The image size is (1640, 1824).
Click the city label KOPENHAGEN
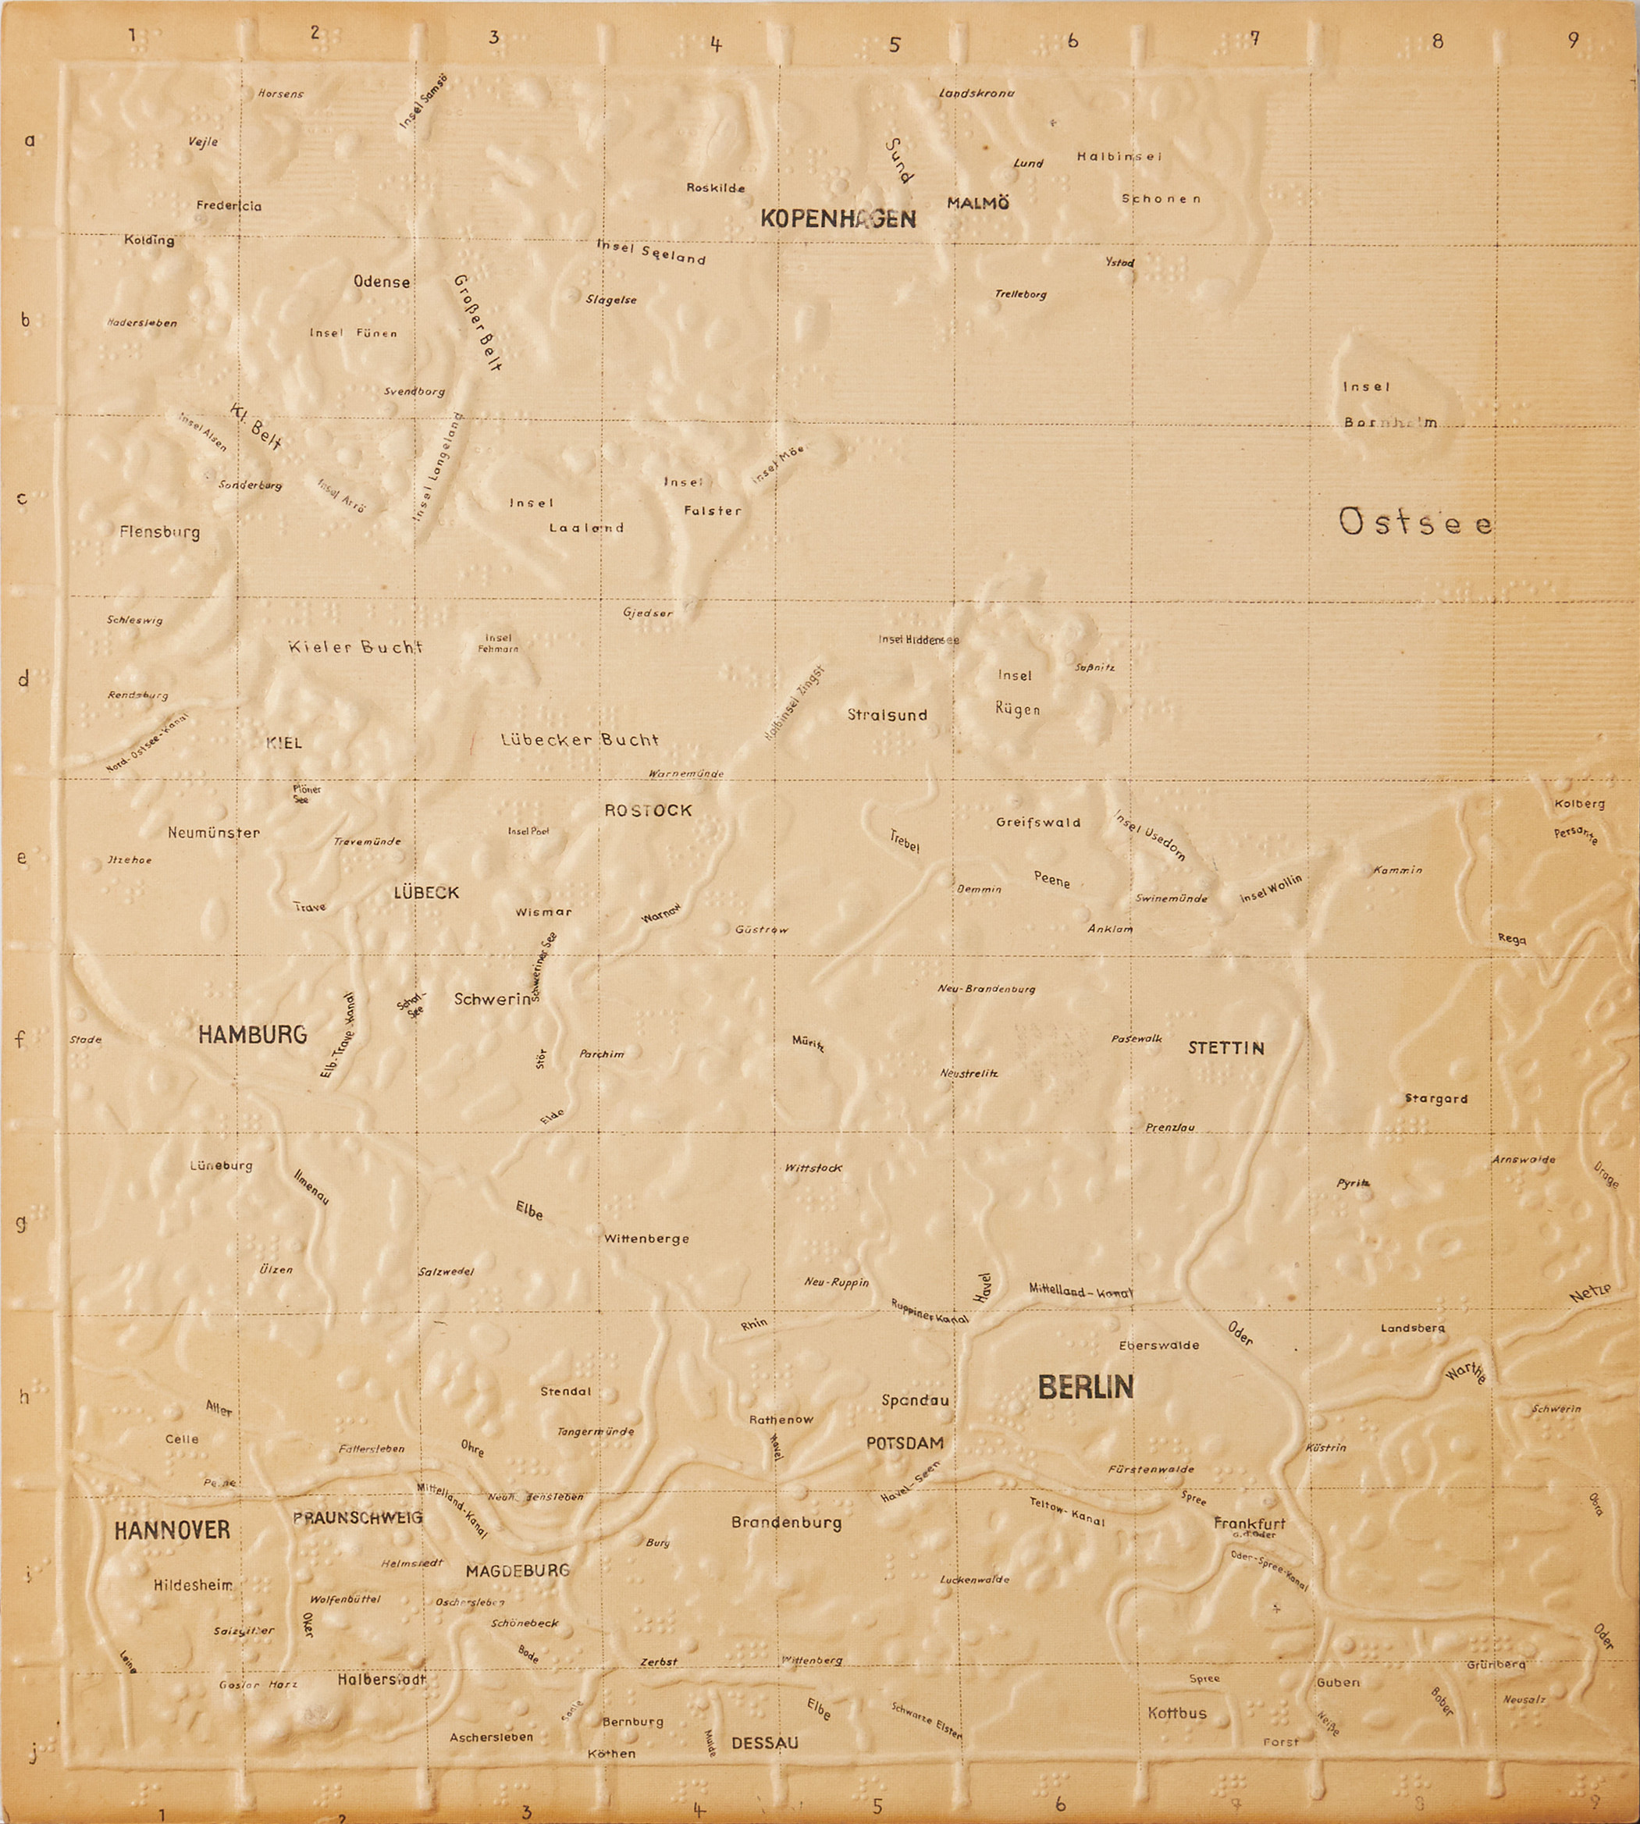point(838,219)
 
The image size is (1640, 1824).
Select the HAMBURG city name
point(252,1035)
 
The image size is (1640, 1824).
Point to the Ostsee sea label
point(1416,523)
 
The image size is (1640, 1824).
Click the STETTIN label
point(1226,1048)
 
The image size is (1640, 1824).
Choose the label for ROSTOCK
point(648,810)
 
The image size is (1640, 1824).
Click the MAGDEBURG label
point(518,1571)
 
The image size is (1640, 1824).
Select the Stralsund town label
point(887,715)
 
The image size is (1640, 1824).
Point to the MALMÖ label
point(978,204)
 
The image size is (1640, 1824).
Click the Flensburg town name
point(159,532)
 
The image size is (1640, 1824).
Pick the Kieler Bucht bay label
point(355,647)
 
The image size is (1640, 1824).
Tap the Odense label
point(381,282)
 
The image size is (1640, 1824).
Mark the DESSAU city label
point(764,1743)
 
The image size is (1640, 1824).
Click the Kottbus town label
point(1177,1713)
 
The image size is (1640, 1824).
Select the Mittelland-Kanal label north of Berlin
point(1080,1292)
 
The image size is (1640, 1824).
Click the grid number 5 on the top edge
point(894,44)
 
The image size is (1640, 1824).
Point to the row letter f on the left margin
point(20,1039)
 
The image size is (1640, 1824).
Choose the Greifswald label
point(1038,822)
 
